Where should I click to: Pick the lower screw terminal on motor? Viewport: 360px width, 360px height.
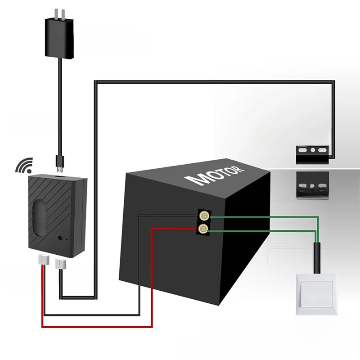[204, 229]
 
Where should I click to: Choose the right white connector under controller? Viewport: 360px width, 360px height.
[60, 262]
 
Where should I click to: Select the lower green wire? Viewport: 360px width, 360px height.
[265, 230]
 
